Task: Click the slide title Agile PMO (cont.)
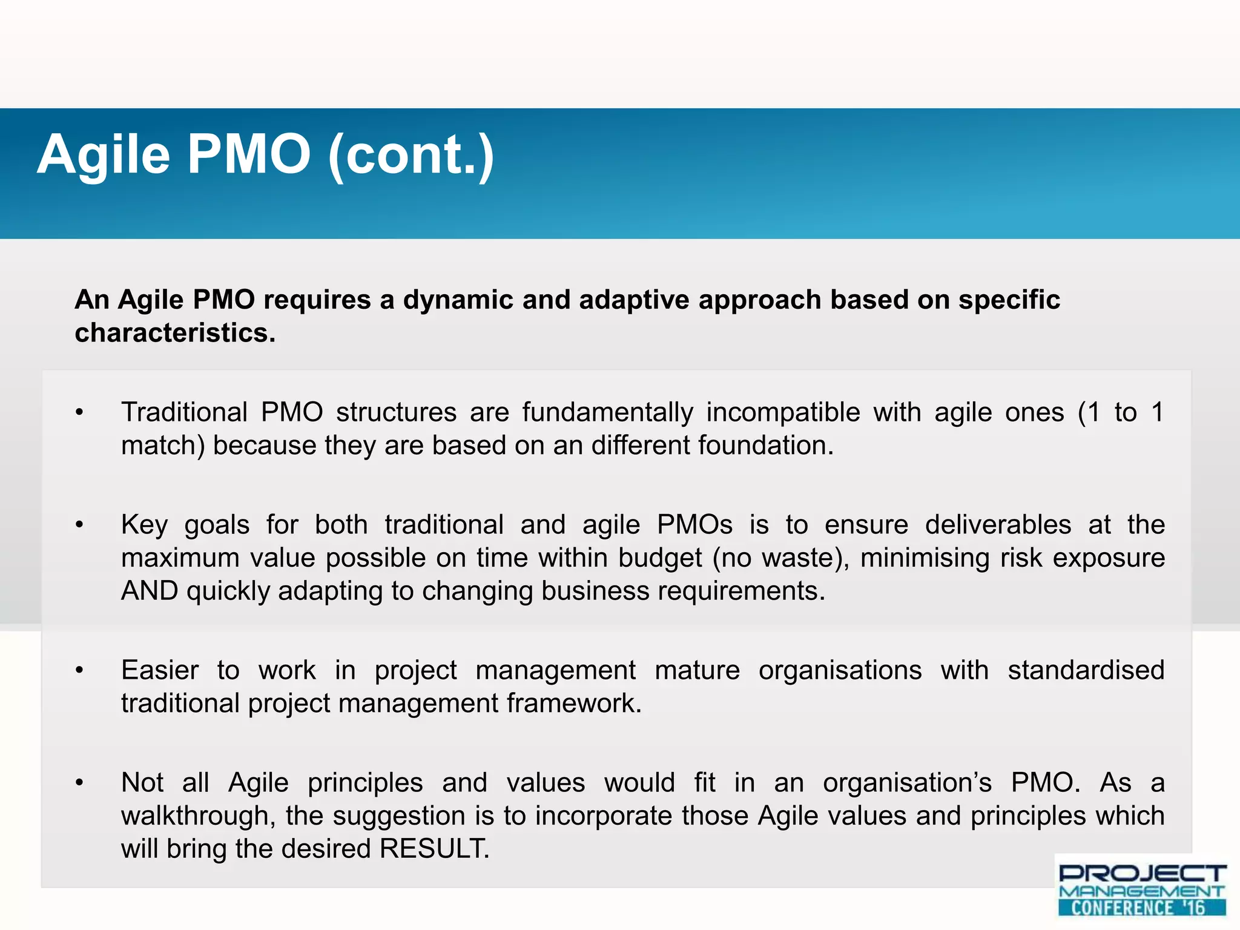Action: coord(265,155)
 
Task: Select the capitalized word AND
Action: coord(150,591)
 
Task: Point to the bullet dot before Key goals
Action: coord(79,526)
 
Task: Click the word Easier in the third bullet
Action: coord(160,671)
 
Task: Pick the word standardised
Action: coord(1086,671)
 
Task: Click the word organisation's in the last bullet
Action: coord(907,783)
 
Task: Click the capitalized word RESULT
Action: coord(434,849)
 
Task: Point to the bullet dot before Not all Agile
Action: coord(79,783)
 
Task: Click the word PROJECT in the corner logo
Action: coord(1142,874)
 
